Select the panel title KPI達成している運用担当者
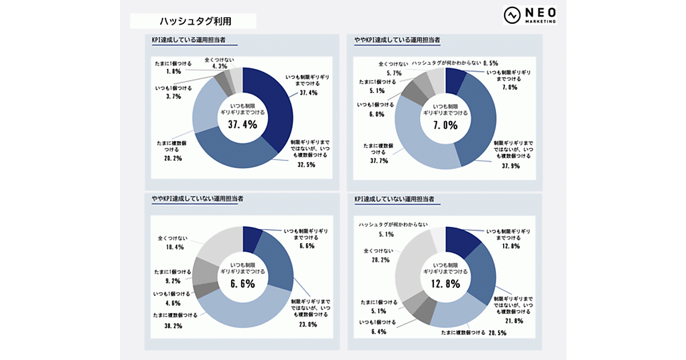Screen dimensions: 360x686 coord(186,41)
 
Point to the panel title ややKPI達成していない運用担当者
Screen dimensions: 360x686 coord(197,198)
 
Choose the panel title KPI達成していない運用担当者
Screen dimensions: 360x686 coord(394,198)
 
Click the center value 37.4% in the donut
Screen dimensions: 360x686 coord(242,124)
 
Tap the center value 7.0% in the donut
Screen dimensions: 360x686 coord(445,124)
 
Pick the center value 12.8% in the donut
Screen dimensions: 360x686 coord(445,283)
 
